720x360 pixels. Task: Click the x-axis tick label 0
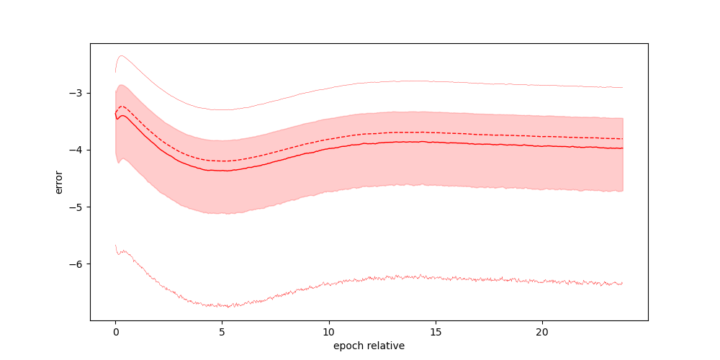pos(115,333)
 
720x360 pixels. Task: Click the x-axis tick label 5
pos(222,333)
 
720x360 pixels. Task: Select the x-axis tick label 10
pos(328,333)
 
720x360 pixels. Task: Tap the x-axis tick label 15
pos(435,333)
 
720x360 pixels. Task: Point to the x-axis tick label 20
pos(541,333)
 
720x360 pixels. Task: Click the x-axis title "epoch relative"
pos(369,346)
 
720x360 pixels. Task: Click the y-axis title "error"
pos(59,181)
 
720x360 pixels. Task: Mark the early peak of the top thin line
pos(122,55)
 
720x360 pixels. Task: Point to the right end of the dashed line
pos(622,138)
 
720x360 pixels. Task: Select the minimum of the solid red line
pos(225,171)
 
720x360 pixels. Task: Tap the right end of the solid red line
pos(622,148)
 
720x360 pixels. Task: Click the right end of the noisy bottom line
pos(622,284)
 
